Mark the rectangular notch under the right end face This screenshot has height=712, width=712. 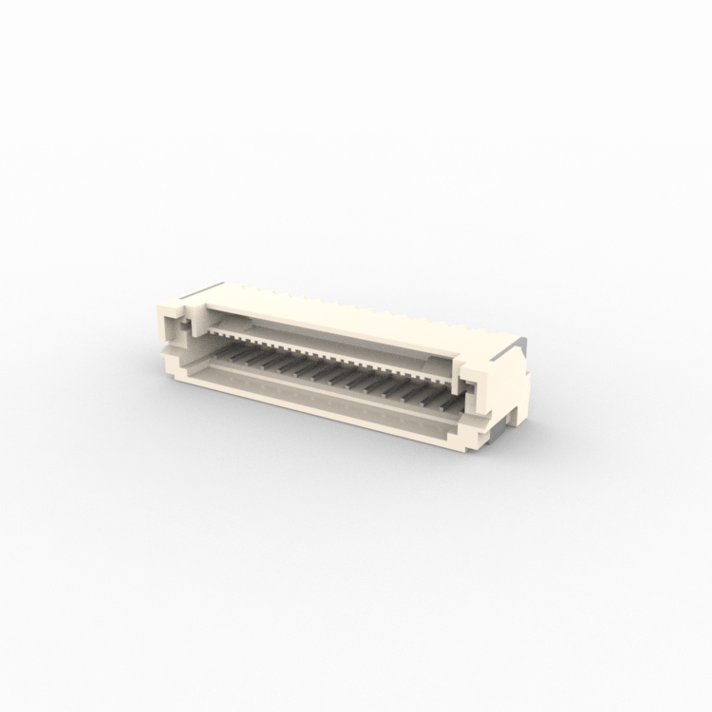pos(511,414)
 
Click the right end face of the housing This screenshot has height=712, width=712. pos(508,384)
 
